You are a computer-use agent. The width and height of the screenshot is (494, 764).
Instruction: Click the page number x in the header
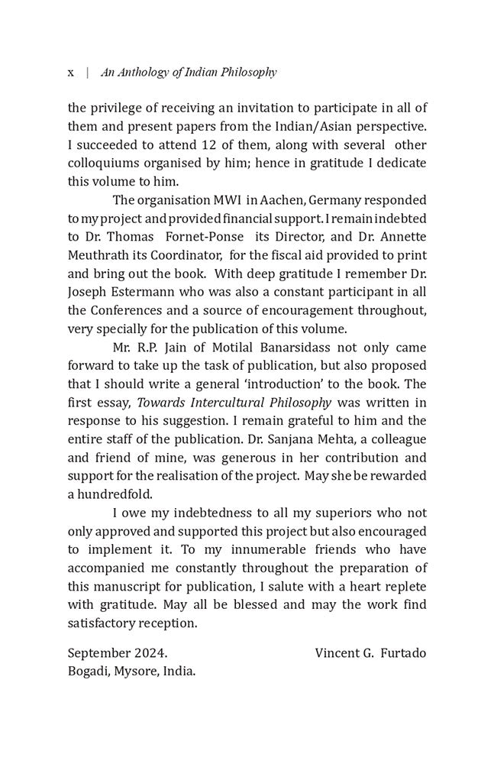[x=71, y=73]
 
